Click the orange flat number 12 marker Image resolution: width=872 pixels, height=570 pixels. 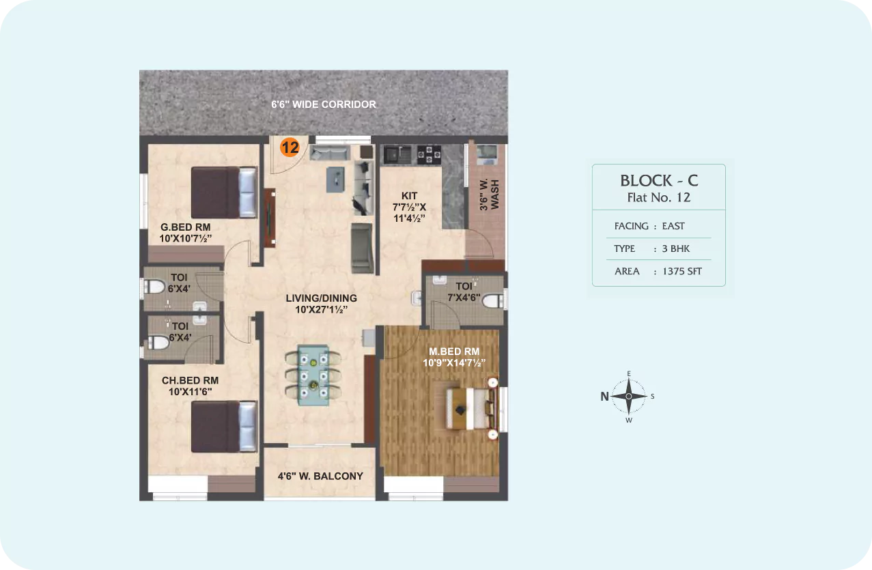(290, 147)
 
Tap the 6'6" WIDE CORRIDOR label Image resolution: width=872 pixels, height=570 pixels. (324, 104)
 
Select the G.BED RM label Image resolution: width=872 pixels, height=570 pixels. (185, 227)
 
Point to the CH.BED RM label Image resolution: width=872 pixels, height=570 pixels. (190, 380)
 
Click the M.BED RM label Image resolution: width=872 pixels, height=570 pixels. (454, 352)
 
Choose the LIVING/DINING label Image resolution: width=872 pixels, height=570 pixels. (321, 298)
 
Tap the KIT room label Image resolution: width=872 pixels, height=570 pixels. (409, 196)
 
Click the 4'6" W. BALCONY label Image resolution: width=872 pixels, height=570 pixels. (320, 476)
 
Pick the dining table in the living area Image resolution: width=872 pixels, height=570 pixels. (313, 375)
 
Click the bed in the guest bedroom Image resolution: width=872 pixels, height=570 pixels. (224, 193)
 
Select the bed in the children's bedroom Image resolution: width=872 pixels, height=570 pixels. (224, 427)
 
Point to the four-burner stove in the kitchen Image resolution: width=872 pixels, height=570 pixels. (429, 154)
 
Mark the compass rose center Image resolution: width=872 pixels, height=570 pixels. (628, 396)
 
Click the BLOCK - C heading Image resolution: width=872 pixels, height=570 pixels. (659, 180)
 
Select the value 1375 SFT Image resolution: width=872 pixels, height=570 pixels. (682, 271)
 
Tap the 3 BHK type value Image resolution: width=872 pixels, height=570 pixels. (676, 248)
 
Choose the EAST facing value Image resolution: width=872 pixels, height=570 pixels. (673, 226)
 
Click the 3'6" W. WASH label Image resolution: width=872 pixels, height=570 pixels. (489, 195)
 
